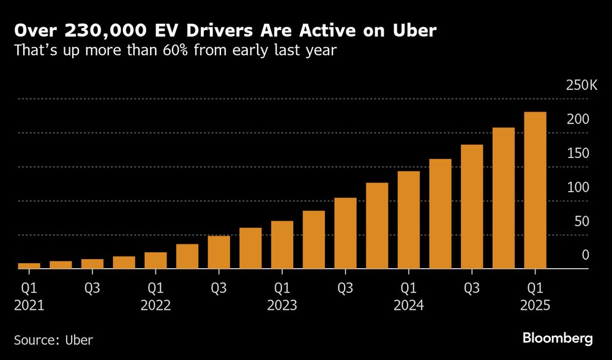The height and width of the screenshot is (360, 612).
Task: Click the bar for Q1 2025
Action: coord(535,190)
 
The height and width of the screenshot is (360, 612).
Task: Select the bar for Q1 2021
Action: coord(29,266)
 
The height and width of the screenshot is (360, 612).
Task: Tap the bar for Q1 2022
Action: coord(155,260)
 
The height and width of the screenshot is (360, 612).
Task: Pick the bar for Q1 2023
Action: coord(282,245)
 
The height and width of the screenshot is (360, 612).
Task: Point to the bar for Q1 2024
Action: coord(409,220)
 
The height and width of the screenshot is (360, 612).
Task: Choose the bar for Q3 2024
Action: coord(472,207)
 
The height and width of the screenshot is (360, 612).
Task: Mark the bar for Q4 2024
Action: coord(504,198)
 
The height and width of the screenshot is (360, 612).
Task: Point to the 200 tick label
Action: coord(578,119)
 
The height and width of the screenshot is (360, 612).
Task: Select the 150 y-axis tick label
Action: coord(578,153)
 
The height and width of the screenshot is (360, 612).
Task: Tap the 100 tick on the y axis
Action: coord(578,187)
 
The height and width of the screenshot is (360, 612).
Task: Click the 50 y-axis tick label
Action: coord(581,221)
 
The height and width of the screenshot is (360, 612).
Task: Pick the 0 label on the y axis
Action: coord(585,255)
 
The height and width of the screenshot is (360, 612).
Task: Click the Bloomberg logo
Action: coord(557,338)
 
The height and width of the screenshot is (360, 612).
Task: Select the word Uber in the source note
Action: coord(80,339)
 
